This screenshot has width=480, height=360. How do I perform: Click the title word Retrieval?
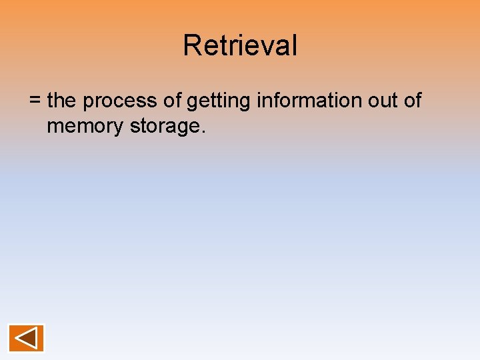(x=240, y=45)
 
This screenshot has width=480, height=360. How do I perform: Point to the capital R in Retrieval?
(x=191, y=45)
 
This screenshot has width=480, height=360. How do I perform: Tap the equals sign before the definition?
(x=35, y=101)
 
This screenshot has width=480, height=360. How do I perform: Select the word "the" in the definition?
(x=62, y=101)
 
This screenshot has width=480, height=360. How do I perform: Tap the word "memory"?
(x=85, y=126)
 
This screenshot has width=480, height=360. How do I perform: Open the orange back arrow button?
(x=26, y=338)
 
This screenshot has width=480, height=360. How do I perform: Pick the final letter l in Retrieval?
(x=294, y=45)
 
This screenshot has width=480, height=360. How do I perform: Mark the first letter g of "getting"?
(x=192, y=103)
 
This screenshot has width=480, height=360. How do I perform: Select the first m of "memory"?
(x=55, y=126)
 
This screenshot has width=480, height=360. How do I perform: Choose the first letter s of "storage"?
(x=135, y=126)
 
